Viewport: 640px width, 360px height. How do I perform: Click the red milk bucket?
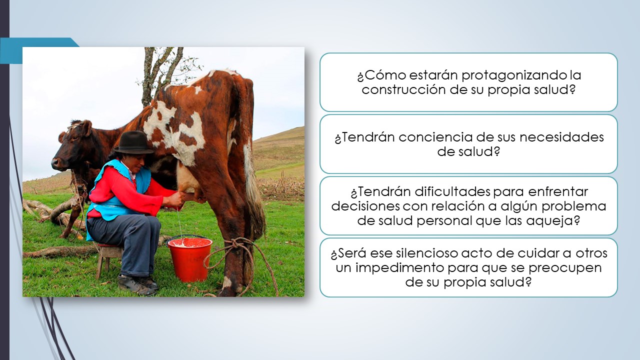tap(190, 258)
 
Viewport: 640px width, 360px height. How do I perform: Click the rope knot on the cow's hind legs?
tap(237, 245)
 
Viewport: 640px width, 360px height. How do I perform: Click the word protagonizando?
tap(514, 75)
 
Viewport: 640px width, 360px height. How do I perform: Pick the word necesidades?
tap(561, 137)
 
